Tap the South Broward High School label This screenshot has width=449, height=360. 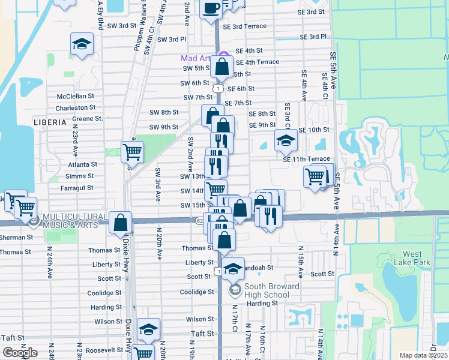point(264,290)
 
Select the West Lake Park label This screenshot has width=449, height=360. point(417,258)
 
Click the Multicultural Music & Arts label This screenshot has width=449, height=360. point(70,220)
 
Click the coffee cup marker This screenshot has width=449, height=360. point(211,8)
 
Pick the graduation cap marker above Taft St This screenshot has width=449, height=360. point(148,329)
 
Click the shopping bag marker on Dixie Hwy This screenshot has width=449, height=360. point(121,223)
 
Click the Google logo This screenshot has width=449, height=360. point(20,352)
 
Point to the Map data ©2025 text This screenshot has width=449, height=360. point(423,355)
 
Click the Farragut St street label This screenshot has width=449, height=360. point(77,188)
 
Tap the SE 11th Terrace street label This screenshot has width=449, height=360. point(307,159)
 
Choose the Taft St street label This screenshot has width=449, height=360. point(202,334)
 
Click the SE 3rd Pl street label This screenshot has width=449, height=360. point(313,37)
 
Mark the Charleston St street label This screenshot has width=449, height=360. point(76,108)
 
